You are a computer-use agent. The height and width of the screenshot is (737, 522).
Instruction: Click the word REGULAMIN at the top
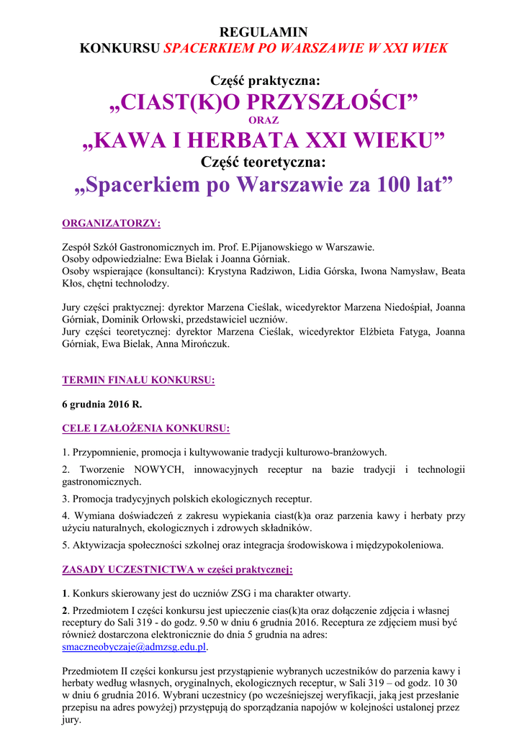(263, 32)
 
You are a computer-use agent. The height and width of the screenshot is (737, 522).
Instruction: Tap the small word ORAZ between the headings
(263, 120)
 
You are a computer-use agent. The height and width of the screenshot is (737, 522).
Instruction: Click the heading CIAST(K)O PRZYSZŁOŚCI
(263, 102)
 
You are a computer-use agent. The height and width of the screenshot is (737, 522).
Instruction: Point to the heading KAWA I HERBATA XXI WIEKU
(263, 140)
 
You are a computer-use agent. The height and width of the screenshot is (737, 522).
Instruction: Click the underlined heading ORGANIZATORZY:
(111, 223)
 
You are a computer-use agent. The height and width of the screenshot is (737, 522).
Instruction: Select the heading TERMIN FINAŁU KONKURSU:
(138, 379)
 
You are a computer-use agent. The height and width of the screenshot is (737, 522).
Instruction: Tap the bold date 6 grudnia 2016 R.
(102, 404)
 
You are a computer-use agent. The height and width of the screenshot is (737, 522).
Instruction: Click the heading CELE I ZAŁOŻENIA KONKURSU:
(146, 429)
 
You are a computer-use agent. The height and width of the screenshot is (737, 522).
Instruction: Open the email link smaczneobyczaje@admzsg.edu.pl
(133, 647)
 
